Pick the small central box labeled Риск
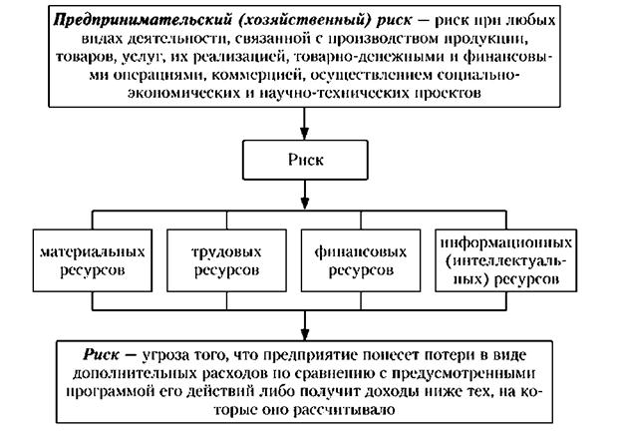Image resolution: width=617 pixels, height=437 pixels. pyautogui.click(x=304, y=157)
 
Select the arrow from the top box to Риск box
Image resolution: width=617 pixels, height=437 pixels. pyautogui.click(x=304, y=121)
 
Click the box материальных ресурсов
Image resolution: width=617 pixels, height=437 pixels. pyautogui.click(x=91, y=257)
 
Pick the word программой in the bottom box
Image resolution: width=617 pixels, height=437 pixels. pyautogui.click(x=140, y=392)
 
